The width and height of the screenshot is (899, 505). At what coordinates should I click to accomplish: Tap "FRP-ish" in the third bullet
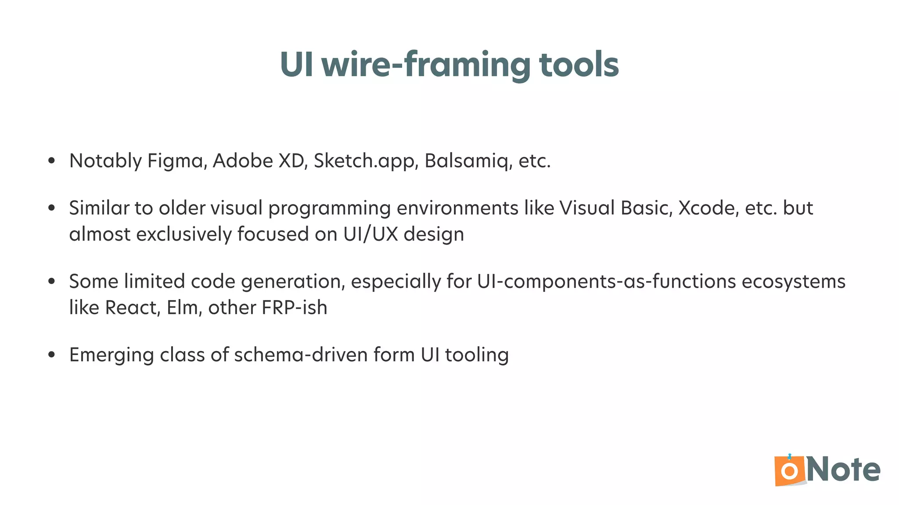[x=295, y=308]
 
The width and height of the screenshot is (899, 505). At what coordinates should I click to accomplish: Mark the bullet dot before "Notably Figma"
[x=52, y=161]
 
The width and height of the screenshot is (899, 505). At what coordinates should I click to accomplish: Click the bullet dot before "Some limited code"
[x=52, y=281]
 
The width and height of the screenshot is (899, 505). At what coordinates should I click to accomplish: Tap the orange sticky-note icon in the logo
[x=789, y=471]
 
